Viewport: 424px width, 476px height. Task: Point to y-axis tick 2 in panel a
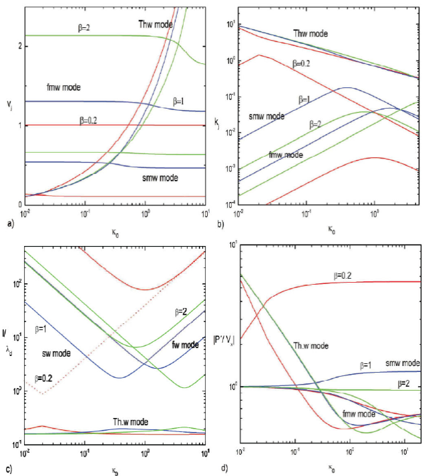(19, 46)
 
